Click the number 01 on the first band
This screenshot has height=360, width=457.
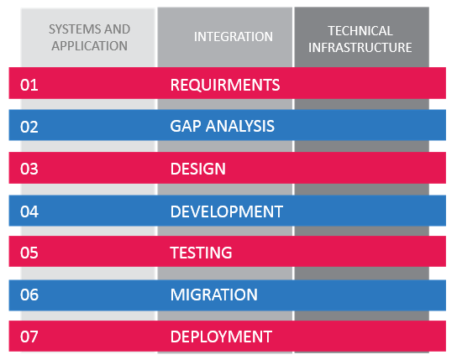coord(29,85)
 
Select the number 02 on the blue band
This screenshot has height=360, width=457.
coord(29,127)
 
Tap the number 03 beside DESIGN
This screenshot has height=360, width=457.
coord(29,169)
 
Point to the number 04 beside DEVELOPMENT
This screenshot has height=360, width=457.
coord(29,211)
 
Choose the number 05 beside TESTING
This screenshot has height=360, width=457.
coord(29,253)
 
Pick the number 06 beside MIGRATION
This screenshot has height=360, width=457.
coord(29,295)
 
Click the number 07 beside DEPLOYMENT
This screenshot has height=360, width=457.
coord(29,337)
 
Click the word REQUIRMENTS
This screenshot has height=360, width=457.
coord(225,85)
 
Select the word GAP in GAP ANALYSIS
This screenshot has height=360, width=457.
coord(185,127)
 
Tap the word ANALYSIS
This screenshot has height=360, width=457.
coord(240,127)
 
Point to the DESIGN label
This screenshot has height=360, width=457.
coord(198,169)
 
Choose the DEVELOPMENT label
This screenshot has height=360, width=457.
coord(227,211)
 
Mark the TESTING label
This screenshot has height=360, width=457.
coord(201,253)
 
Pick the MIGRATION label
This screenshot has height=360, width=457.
coord(214,295)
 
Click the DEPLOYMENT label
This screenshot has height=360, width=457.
coord(221,337)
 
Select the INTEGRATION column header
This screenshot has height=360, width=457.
coord(234,37)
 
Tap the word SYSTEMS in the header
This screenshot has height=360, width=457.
coord(73,29)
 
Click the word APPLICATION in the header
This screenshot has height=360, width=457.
coord(90,46)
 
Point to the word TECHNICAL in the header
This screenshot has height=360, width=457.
coord(360,31)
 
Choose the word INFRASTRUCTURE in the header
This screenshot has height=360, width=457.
coord(360,48)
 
